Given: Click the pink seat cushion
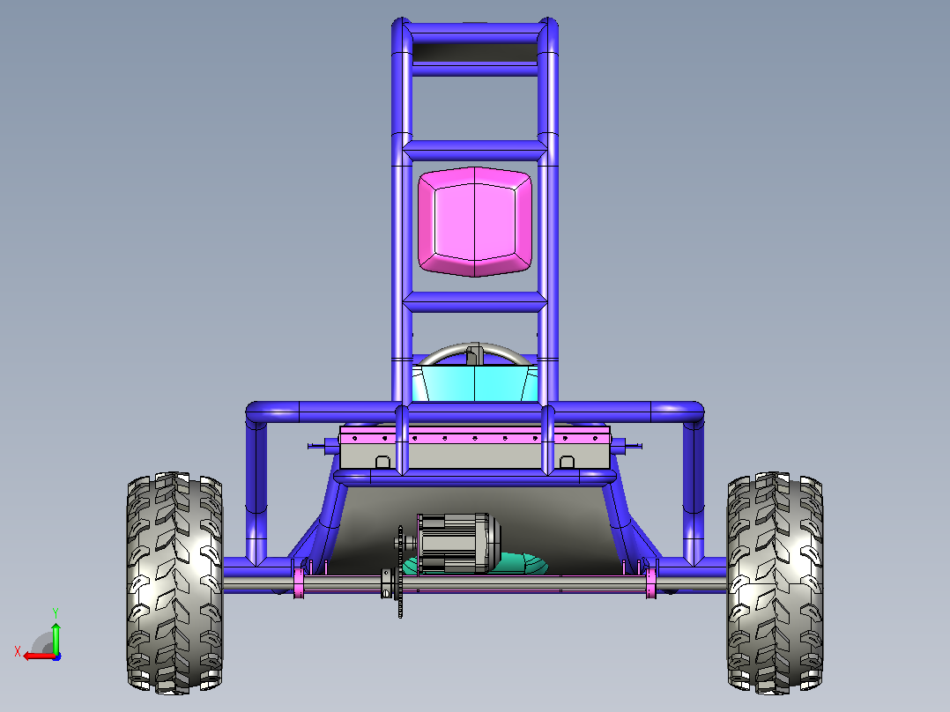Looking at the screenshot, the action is (x=474, y=222).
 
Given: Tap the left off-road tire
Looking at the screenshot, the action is (x=174, y=583).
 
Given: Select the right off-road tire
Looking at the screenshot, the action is (x=775, y=583).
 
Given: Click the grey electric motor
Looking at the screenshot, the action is (x=458, y=543).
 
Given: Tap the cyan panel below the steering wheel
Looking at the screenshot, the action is (x=474, y=383).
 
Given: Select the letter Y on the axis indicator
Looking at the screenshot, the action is (x=56, y=613).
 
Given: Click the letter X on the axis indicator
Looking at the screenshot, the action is (x=18, y=652).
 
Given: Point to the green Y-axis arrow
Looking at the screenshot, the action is (x=56, y=638).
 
